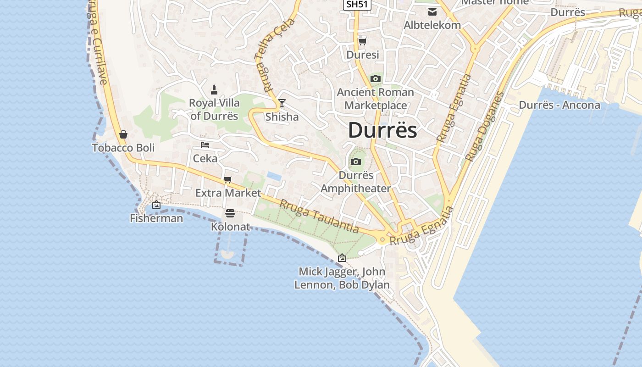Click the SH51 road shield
coord(357,4)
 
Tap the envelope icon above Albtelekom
coord(432,12)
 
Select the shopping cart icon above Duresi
coord(362,41)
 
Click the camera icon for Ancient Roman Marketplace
coord(376,79)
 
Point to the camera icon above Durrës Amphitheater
coord(355,162)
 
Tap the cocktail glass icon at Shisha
coord(282,103)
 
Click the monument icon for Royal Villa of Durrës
coord(214,89)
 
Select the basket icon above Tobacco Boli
coord(123,135)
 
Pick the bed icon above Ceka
coord(205,145)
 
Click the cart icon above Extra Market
coord(228,179)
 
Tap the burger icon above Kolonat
coord(230,213)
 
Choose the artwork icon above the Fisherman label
coord(156,205)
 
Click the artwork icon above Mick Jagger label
coord(342,258)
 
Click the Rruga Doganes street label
coord(484,127)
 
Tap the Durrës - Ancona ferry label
coord(559,105)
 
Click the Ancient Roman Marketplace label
coord(376,99)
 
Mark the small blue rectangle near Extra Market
coord(274,176)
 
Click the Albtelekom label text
coord(432,25)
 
